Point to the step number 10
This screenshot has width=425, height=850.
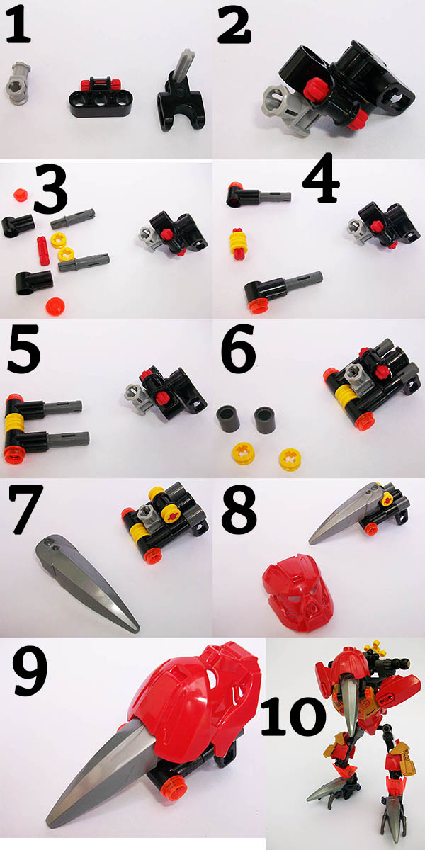pyautogui.click(x=293, y=715)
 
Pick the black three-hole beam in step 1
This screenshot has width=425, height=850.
pyautogui.click(x=101, y=97)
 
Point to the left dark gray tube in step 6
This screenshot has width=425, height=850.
pyautogui.click(x=228, y=419)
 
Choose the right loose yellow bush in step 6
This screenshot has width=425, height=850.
pyautogui.click(x=290, y=460)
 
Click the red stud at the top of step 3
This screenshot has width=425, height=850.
pyautogui.click(x=19, y=195)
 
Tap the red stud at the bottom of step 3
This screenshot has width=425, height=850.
pyautogui.click(x=55, y=306)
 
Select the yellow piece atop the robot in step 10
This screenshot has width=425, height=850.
pyautogui.click(x=375, y=649)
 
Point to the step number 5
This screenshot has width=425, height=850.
pyautogui.click(x=23, y=349)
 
